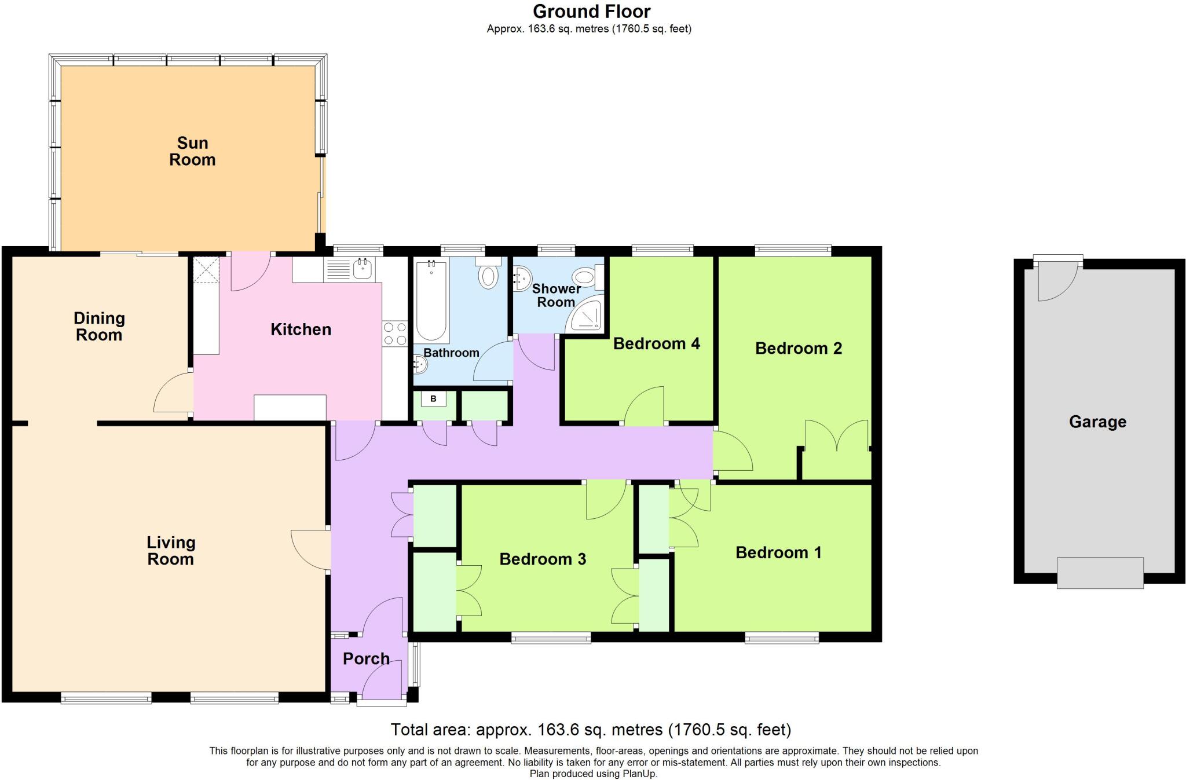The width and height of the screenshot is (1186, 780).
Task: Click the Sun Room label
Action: [192, 151]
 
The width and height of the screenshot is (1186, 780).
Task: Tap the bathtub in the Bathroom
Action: [431, 301]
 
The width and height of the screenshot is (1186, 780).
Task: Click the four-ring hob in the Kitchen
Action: [395, 334]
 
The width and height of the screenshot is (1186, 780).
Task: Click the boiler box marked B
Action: [433, 399]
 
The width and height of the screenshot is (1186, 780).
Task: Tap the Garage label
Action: [1097, 422]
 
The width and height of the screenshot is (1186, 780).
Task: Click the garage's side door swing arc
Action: [1057, 281]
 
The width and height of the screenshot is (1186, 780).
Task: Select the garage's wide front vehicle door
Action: [1100, 573]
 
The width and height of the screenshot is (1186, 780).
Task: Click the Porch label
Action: [366, 658]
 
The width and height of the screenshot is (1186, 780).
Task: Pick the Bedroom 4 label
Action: [656, 343]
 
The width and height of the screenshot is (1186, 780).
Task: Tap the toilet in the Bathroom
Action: [488, 274]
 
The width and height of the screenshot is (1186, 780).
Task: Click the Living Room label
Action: [170, 551]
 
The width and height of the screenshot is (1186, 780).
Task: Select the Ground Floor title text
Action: [591, 12]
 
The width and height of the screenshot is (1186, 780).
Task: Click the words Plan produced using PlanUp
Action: [593, 774]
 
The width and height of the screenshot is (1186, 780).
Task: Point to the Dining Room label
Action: [99, 326]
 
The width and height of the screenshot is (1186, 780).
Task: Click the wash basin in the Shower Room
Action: [521, 279]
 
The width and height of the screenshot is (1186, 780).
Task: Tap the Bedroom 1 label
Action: [778, 552]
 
